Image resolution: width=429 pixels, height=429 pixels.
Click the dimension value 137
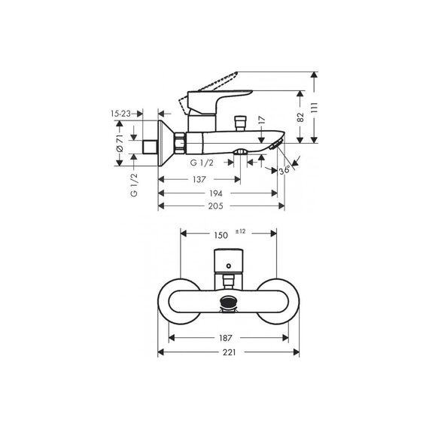199,179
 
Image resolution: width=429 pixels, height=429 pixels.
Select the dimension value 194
216,193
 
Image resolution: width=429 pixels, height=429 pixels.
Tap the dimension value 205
215,206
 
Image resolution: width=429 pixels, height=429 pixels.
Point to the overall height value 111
315,108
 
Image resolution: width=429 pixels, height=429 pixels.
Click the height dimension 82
300,117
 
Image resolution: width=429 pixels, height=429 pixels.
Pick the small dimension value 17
262,120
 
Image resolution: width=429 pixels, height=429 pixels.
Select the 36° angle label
284,170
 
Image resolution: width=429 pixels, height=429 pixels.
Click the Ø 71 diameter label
120,143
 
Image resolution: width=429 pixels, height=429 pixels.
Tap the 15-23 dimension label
120,114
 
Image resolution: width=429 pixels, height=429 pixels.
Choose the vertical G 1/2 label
134,185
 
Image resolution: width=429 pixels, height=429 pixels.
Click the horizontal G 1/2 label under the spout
202,163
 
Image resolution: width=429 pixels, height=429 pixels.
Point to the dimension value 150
221,236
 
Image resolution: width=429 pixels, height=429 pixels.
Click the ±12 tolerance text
241,232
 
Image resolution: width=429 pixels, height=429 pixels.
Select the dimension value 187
225,338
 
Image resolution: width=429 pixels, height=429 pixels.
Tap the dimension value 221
229,352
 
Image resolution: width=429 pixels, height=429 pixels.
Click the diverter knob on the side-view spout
240,123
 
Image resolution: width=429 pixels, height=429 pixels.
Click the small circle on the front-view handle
229,266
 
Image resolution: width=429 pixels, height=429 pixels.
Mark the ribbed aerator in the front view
229,303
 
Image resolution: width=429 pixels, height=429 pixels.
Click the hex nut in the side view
180,143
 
